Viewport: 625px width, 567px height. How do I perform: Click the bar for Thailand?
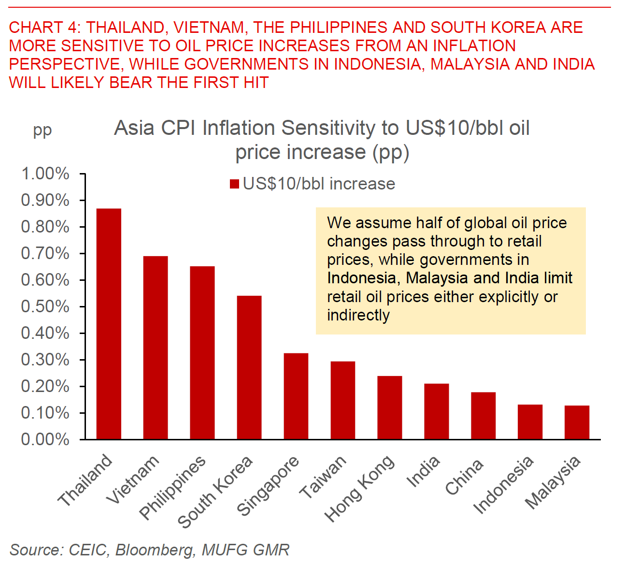pos(109,324)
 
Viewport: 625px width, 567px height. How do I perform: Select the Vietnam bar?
pos(156,348)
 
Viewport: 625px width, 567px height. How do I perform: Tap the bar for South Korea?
pos(249,367)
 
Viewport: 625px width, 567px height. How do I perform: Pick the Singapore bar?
pos(296,396)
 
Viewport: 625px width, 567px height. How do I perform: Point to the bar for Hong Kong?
pos(389,407)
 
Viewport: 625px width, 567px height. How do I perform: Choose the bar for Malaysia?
pos(577,422)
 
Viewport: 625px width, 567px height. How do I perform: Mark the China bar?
pos(483,416)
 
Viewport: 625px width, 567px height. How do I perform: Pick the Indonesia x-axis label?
pos(504,484)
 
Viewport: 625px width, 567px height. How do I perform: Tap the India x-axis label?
pos(424,471)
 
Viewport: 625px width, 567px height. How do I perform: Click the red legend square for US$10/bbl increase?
pos(235,184)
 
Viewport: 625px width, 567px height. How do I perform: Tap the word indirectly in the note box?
pos(358,315)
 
